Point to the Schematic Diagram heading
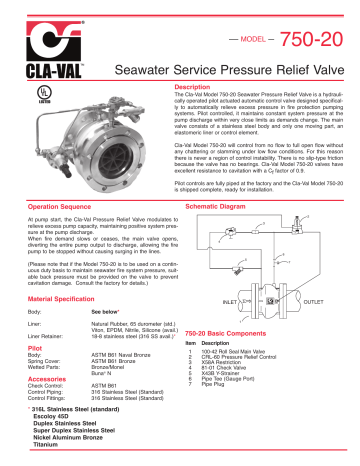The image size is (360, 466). point(223,203)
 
